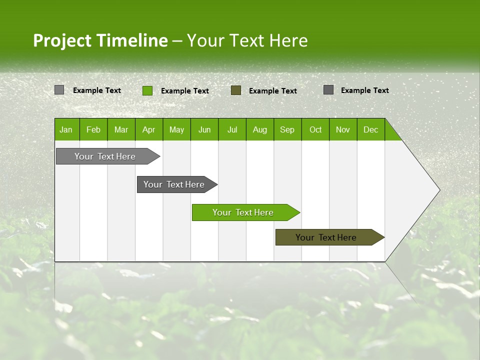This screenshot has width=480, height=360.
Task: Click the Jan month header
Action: coord(66,129)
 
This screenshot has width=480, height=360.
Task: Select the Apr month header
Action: coord(148,129)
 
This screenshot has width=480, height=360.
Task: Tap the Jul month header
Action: coord(232,129)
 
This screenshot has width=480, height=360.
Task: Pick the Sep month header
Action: coord(287,129)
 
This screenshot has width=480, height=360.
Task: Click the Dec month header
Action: coord(370,129)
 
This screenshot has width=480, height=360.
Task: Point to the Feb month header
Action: coord(93,129)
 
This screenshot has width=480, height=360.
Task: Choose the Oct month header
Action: coord(315,129)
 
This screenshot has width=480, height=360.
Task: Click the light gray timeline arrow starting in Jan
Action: coord(105,156)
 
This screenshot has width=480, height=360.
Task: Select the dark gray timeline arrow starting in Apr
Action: coord(174,184)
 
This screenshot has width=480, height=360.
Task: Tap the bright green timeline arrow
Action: coord(243,212)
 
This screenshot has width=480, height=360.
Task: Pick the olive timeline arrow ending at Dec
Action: coord(326,237)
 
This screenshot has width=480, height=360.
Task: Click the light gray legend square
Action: coord(59,90)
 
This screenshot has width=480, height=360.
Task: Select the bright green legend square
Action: coord(147,90)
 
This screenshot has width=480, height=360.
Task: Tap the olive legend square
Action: coord(236,90)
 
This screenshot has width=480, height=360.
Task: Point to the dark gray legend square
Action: coord(328,90)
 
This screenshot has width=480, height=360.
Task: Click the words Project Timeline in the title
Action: coord(100,40)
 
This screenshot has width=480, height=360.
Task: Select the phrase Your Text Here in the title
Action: coord(247,40)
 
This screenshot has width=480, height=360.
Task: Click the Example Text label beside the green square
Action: coord(184,91)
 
